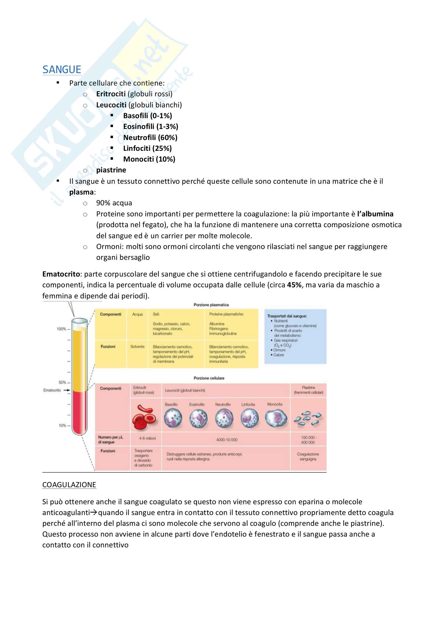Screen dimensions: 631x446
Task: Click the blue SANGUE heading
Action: point(62,70)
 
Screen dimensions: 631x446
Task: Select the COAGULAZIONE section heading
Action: point(69,485)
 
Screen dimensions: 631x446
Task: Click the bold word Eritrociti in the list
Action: point(111,94)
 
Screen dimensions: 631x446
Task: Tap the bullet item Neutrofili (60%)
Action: point(150,137)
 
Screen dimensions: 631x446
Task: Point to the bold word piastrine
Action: point(111,170)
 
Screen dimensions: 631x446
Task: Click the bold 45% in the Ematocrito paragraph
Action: point(294,285)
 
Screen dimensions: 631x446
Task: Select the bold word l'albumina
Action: point(375,214)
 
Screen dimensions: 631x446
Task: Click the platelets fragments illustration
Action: point(308,418)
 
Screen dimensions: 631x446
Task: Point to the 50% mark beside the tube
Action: point(63,382)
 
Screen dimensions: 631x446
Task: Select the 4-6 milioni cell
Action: point(147,438)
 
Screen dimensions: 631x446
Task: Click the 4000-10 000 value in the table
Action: point(227,440)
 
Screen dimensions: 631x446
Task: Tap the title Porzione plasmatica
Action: point(211,305)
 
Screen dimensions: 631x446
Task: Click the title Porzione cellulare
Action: point(209,378)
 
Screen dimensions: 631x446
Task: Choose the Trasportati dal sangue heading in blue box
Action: point(287,316)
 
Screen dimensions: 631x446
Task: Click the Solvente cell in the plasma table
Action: point(137,347)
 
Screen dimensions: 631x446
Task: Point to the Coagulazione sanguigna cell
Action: point(308,456)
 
